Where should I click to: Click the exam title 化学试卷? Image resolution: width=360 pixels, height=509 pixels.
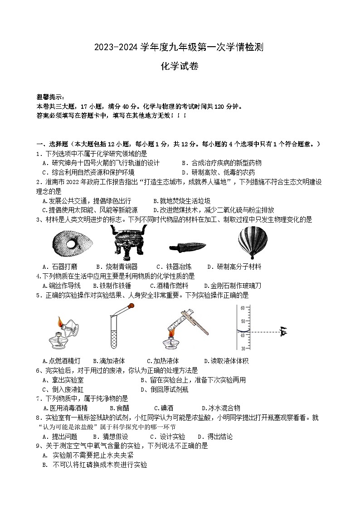[x=180, y=66]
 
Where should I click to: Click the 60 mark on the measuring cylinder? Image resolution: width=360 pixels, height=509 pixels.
[x=242, y=308]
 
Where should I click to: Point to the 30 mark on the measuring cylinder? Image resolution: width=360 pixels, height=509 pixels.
[x=242, y=348]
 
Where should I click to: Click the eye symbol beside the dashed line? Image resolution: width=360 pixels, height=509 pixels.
[x=284, y=332]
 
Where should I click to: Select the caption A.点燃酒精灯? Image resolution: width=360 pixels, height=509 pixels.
[x=61, y=361]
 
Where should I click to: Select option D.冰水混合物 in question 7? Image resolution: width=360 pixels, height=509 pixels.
[x=221, y=408]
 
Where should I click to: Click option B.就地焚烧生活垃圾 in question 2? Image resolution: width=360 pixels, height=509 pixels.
[x=182, y=201]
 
